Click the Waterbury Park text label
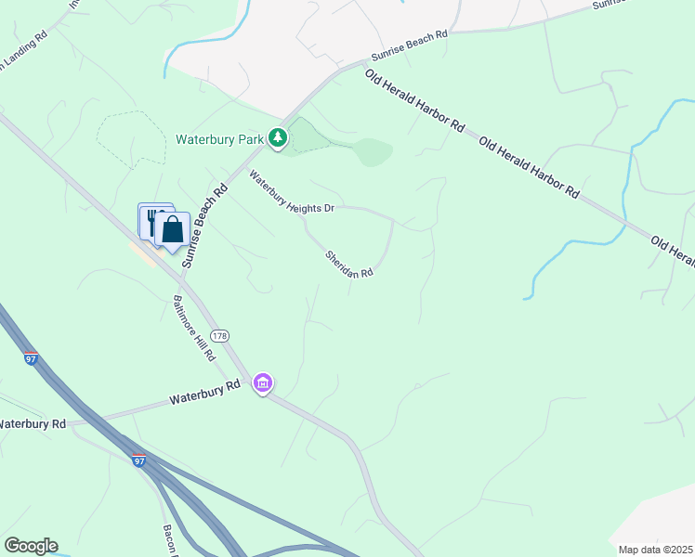219,139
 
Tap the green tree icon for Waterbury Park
277,138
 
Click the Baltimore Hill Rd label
194,328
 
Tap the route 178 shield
219,335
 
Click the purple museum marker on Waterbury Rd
263,382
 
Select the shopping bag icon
173,229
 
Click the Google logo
31,546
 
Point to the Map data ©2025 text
655,550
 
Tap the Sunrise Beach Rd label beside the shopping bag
204,226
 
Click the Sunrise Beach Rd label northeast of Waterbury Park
410,43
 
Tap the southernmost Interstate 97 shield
139,460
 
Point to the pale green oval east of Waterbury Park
372,151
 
